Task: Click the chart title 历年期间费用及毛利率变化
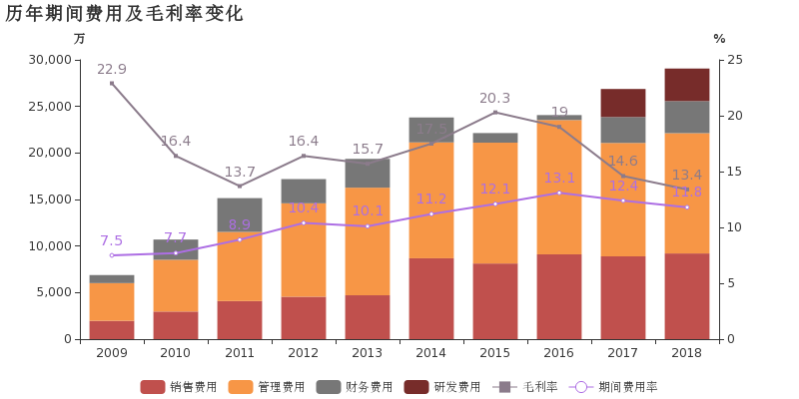point(124,14)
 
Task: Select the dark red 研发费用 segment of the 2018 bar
point(687,84)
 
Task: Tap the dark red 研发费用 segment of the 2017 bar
point(623,103)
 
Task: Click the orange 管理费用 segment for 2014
point(431,200)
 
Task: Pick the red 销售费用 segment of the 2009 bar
point(112,329)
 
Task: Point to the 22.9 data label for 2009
point(112,69)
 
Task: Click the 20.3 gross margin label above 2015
point(495,98)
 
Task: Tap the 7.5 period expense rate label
point(112,240)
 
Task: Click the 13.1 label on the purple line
point(559,178)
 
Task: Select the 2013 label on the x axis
point(368,353)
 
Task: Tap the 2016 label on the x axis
point(559,353)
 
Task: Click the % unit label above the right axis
point(719,39)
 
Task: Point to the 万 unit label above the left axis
point(80,39)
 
